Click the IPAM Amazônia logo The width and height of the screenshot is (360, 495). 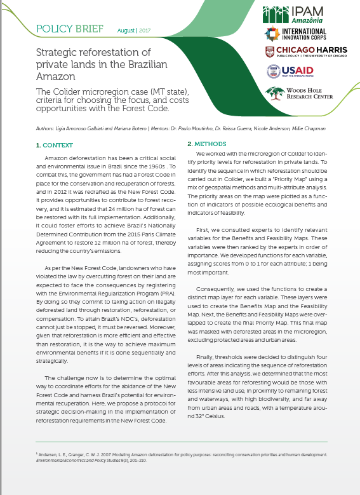pos(303,15)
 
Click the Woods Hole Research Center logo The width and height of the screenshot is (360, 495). pos(299,93)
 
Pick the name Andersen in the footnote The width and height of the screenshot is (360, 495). pos(51,454)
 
